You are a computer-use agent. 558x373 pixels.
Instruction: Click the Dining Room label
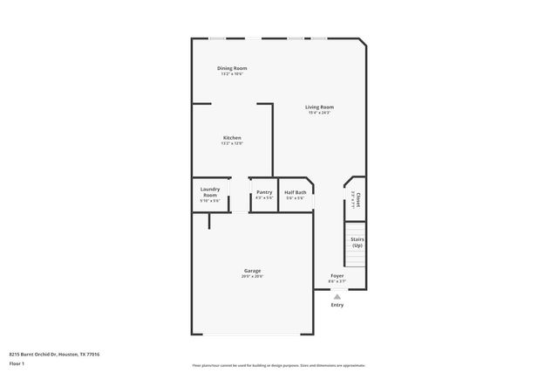pyautogui.click(x=232, y=68)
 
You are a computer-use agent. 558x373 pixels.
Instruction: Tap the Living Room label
pyautogui.click(x=319, y=107)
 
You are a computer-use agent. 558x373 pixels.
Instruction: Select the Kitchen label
pyautogui.click(x=232, y=138)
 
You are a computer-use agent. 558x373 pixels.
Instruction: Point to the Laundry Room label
pyautogui.click(x=210, y=191)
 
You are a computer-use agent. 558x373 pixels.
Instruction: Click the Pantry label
pyautogui.click(x=264, y=192)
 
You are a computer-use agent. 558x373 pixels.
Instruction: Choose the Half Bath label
pyautogui.click(x=296, y=192)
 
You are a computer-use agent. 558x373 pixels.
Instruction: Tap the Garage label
pyautogui.click(x=252, y=271)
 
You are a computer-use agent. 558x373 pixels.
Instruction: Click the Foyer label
pyautogui.click(x=337, y=276)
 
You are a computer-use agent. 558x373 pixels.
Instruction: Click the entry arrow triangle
pyautogui.click(x=337, y=296)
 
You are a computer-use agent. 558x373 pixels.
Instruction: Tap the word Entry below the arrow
pyautogui.click(x=337, y=305)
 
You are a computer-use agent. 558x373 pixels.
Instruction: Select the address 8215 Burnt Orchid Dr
pyautogui.click(x=54, y=354)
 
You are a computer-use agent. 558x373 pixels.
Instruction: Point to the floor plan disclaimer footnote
pyautogui.click(x=279, y=364)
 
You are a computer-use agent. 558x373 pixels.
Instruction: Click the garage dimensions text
pyautogui.click(x=252, y=277)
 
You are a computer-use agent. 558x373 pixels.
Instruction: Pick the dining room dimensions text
pyautogui.click(x=232, y=74)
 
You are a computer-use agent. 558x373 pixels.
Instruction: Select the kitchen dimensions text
pyautogui.click(x=232, y=144)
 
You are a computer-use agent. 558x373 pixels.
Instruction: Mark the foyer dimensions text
pyautogui.click(x=337, y=282)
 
